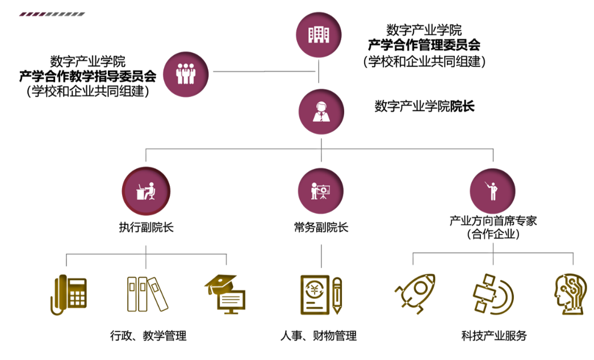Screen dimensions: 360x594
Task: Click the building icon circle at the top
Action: point(319,35)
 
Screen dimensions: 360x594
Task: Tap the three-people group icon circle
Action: point(186,72)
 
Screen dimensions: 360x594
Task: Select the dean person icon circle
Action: point(321,110)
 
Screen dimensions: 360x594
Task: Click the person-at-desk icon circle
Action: point(145,191)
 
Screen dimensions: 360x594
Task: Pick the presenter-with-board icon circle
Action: point(321,191)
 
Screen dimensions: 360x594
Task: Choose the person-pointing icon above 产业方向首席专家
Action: point(493,191)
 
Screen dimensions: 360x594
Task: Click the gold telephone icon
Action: point(69,295)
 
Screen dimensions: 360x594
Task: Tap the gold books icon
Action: point(147,294)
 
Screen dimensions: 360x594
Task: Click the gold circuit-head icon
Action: point(569,294)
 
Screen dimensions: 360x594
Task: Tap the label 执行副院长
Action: point(146,228)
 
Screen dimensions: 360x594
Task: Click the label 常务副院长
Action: point(321,228)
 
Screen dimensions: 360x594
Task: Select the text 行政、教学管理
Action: point(148,336)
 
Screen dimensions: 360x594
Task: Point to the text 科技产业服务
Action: point(494,336)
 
